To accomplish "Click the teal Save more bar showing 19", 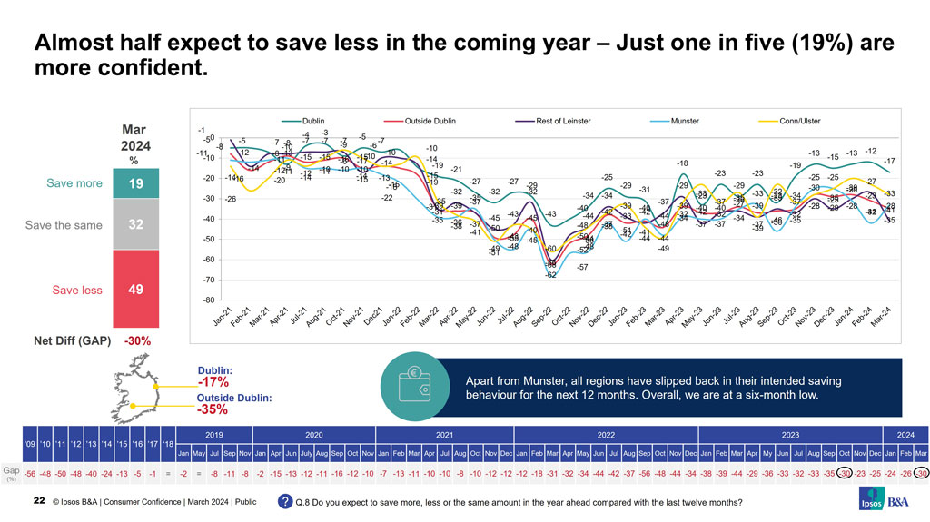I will click(x=134, y=182).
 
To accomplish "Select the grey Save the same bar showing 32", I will click(x=134, y=224).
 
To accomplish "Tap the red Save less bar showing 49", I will click(x=134, y=290).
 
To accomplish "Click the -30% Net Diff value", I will click(x=137, y=341).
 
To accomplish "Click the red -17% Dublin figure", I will click(x=213, y=382).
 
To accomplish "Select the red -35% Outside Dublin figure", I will click(x=213, y=409).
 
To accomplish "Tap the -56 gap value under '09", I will click(x=31, y=473).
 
